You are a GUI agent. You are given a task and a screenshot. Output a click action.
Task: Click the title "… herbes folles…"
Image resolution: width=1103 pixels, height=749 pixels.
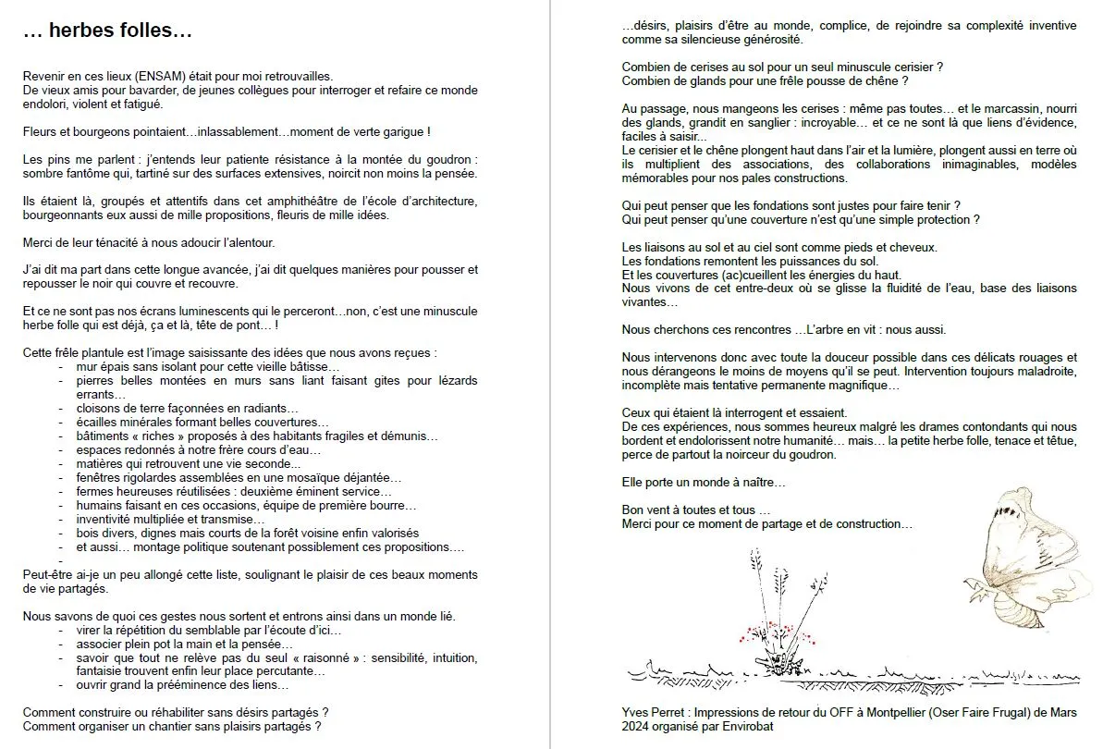coord(107,31)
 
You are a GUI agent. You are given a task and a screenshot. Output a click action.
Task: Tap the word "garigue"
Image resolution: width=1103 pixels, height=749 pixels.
coord(399,132)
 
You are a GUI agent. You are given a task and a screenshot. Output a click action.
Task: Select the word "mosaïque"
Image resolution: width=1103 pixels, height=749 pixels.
coord(302,478)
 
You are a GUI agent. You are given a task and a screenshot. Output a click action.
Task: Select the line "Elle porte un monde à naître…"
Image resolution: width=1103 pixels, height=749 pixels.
coord(704,483)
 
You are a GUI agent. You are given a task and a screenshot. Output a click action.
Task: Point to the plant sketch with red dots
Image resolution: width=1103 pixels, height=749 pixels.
coord(782,629)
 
